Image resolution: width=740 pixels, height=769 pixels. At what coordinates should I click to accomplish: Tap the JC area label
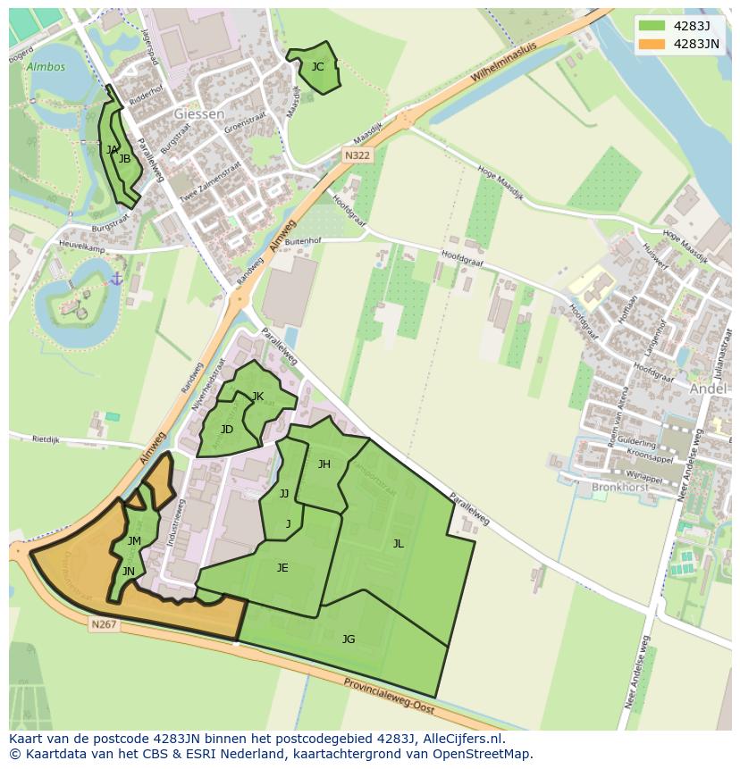click(x=317, y=66)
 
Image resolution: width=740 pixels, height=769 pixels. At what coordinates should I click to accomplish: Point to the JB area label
click(x=125, y=159)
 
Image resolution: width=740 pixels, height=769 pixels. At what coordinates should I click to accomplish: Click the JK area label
click(x=257, y=397)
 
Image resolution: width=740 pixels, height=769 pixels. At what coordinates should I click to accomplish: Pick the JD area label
click(x=227, y=430)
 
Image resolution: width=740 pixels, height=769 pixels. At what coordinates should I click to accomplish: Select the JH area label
click(x=324, y=464)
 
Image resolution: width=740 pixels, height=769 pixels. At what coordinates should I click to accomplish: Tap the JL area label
click(x=398, y=543)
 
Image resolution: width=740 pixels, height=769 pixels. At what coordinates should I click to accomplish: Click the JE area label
click(x=282, y=567)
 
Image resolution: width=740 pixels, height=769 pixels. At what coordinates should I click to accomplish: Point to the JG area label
click(x=349, y=639)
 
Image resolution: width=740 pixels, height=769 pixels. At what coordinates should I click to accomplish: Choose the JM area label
click(x=134, y=540)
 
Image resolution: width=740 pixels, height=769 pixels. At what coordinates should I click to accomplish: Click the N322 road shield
click(x=357, y=155)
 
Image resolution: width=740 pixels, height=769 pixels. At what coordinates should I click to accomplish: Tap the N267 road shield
click(x=104, y=624)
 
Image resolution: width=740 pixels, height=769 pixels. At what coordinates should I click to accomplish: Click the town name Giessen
click(x=199, y=114)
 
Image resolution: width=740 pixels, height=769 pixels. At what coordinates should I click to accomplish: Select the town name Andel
click(x=708, y=389)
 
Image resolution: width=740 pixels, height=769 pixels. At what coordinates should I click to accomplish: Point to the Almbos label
click(x=46, y=66)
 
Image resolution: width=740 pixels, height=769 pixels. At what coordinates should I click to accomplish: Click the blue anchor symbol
click(x=116, y=280)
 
